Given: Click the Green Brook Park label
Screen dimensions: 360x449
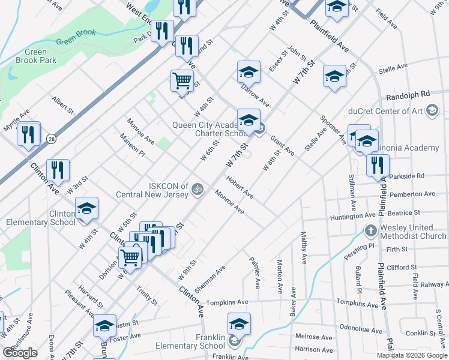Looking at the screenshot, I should (x=36, y=56).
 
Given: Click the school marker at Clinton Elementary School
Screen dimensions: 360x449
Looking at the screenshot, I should (x=87, y=208).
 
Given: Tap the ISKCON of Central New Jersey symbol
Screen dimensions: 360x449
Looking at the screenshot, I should (x=195, y=190).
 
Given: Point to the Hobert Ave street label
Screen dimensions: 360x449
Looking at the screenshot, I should (x=240, y=187).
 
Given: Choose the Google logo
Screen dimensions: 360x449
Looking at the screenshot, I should (x=20, y=353).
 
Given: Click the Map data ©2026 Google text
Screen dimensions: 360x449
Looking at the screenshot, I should (x=412, y=355).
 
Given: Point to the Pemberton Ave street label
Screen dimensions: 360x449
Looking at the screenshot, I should (x=412, y=194).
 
